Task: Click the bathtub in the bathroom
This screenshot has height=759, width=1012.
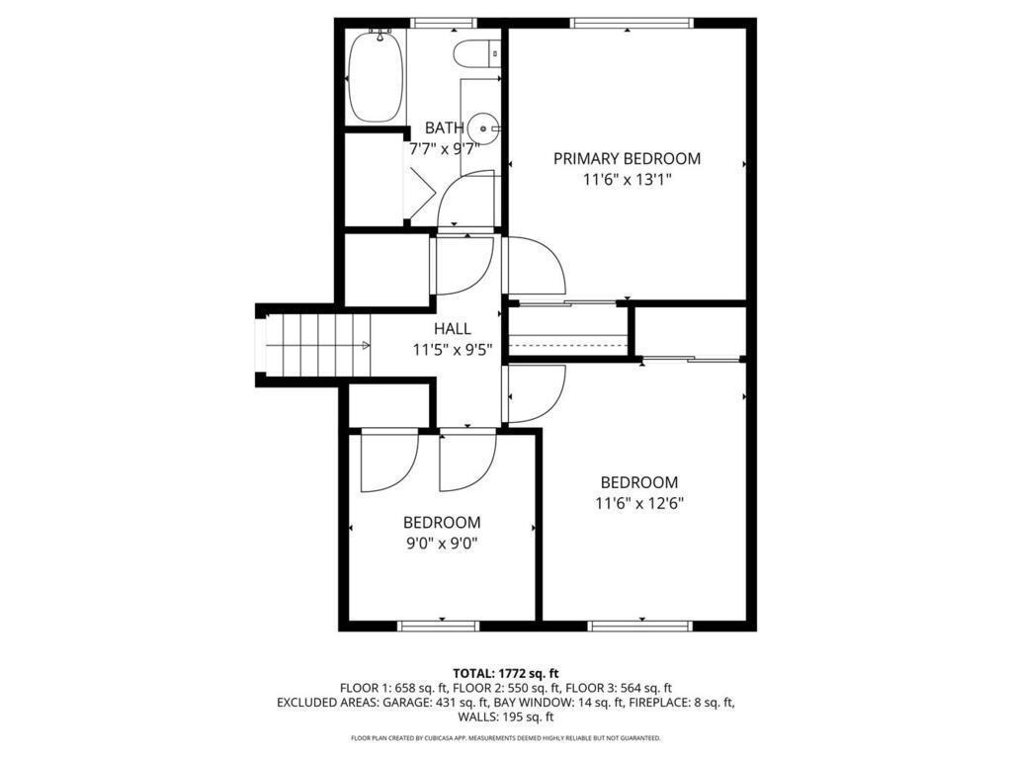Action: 375,76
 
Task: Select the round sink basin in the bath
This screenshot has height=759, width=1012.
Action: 480,126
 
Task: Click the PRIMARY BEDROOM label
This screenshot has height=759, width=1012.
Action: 627,158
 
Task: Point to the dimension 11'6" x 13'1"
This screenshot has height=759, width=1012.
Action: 627,180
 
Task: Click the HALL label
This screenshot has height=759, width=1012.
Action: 453,329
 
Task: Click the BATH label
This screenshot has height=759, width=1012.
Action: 444,127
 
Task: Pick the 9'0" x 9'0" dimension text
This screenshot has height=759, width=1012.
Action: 442,543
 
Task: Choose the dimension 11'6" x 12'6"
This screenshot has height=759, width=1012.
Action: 639,502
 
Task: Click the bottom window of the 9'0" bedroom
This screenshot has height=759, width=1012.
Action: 438,626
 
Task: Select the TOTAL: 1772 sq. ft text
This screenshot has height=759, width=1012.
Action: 506,673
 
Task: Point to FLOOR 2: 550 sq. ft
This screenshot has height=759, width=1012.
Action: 507,688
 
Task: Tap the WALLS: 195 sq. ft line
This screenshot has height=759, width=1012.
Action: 506,717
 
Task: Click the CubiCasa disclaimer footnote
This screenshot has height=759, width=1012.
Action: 506,738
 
